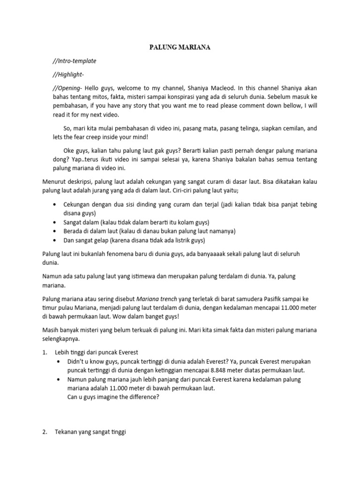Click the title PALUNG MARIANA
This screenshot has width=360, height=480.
pyautogui.click(x=180, y=48)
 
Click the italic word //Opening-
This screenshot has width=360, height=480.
pyautogui.click(x=68, y=88)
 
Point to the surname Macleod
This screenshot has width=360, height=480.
pyautogui.click(x=220, y=88)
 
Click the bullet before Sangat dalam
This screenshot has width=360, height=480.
pyautogui.click(x=55, y=222)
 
